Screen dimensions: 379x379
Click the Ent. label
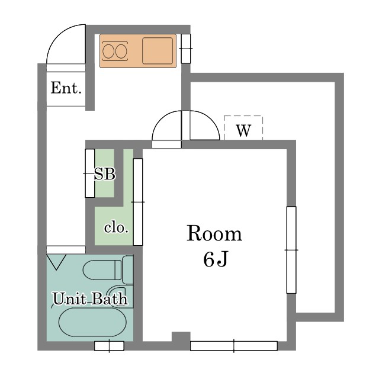[66, 89]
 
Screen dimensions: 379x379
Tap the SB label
[105, 174]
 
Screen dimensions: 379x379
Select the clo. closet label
[116, 227]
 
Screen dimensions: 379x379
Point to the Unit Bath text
[90, 298]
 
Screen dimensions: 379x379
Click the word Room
[214, 234]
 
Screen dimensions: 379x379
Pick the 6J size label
[215, 259]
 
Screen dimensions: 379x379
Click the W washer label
[243, 131]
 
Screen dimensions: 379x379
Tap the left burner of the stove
[108, 52]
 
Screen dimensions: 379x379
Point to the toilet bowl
[102, 271]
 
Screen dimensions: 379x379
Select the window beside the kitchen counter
[186, 49]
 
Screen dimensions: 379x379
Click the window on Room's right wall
[291, 249]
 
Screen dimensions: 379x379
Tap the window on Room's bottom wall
[233, 346]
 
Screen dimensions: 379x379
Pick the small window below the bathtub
[109, 346]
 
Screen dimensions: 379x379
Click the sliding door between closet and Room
[138, 201]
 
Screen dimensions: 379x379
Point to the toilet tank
[128, 270]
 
